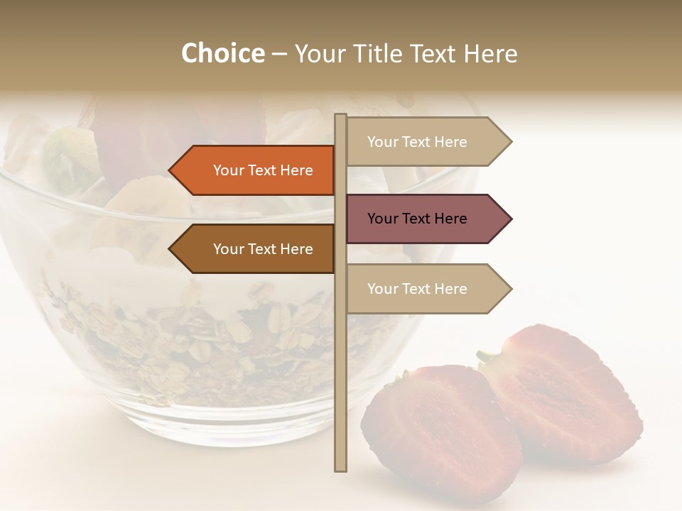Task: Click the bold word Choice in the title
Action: coord(222,54)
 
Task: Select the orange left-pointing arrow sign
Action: coord(256,170)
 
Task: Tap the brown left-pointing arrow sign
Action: coord(256,249)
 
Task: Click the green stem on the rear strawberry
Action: coord(489,355)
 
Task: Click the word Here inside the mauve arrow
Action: coord(450,219)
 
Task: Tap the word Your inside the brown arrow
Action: coord(227,249)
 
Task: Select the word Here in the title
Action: coord(491,54)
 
